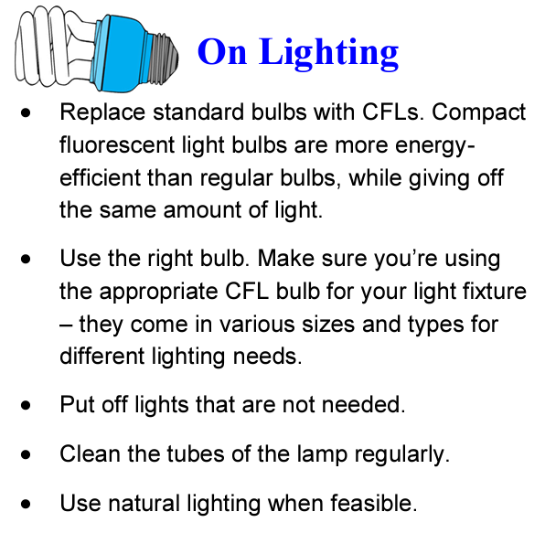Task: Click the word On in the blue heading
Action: (x=222, y=52)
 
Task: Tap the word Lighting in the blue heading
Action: (x=329, y=54)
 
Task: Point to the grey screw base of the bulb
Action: (x=164, y=58)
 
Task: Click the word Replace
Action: (x=102, y=113)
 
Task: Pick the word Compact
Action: (x=478, y=113)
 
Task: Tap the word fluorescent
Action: (x=117, y=144)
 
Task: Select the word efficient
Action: (x=100, y=177)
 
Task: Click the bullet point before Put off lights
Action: (x=26, y=405)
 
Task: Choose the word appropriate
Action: (x=158, y=292)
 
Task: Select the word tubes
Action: (x=196, y=453)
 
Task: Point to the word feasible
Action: (x=374, y=503)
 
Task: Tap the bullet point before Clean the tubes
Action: (x=26, y=454)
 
